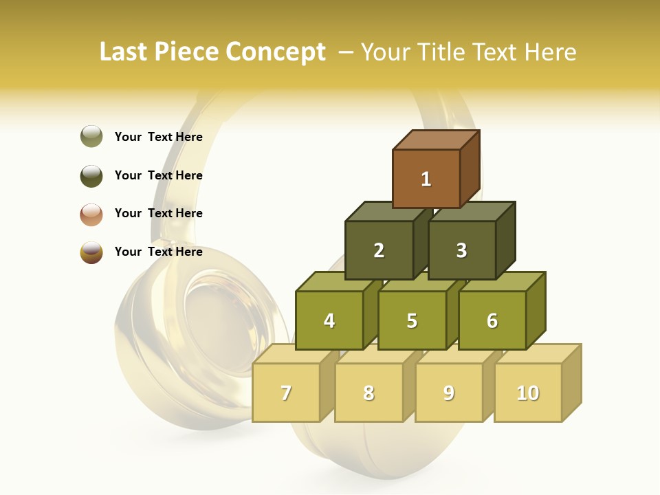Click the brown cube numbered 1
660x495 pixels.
[x=426, y=179]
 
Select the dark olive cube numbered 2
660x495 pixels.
[x=379, y=250]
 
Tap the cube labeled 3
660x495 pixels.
[x=461, y=250]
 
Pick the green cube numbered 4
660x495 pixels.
[x=329, y=320]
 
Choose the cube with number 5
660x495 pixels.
[x=412, y=320]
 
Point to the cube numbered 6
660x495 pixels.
[x=492, y=320]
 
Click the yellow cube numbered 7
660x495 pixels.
[x=286, y=393]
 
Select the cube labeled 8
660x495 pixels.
[x=368, y=393]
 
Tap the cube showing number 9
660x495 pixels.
[x=449, y=393]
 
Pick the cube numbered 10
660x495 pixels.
[x=528, y=393]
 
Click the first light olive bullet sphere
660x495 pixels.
[x=91, y=137]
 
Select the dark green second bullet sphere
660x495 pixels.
[x=91, y=175]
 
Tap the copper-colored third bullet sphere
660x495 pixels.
[x=91, y=214]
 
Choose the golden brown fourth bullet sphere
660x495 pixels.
[x=91, y=252]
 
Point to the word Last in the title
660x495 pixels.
[x=126, y=52]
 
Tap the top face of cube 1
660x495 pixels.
[x=436, y=140]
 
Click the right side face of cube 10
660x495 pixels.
[x=571, y=382]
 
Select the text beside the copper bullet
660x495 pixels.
[x=159, y=213]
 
